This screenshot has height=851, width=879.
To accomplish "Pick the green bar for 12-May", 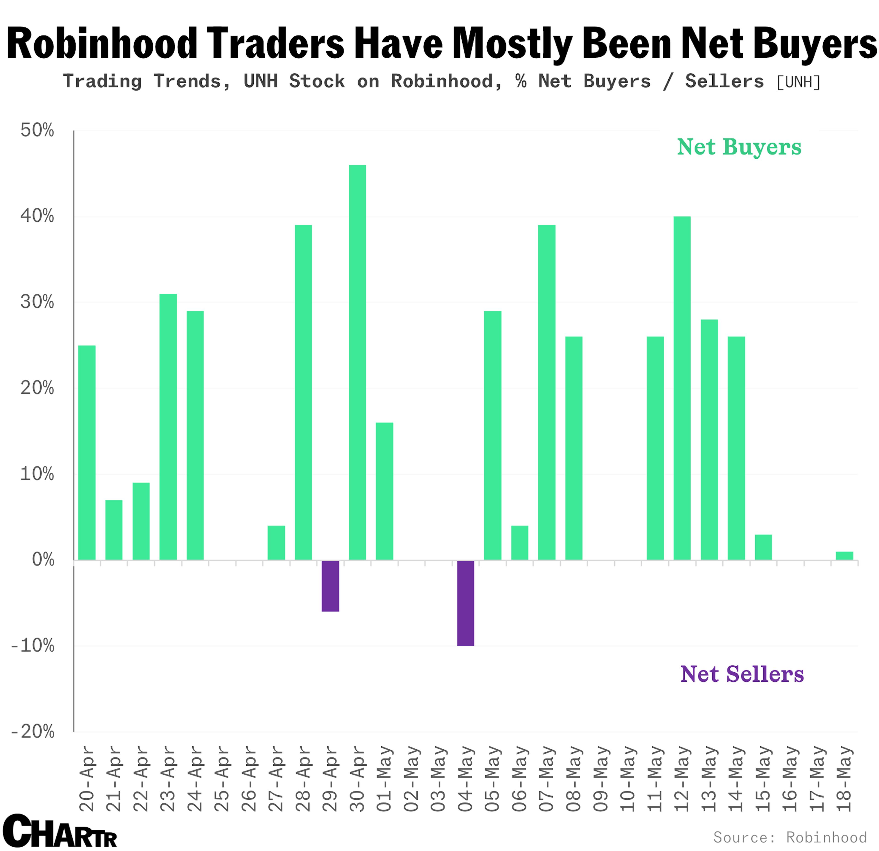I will click(x=682, y=388).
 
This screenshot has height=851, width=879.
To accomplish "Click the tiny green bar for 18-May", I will click(x=844, y=556).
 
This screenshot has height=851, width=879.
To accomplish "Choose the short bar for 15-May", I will click(x=763, y=547).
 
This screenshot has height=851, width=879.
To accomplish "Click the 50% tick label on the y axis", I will click(x=37, y=131).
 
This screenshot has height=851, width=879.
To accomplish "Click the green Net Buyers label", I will click(x=739, y=147).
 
